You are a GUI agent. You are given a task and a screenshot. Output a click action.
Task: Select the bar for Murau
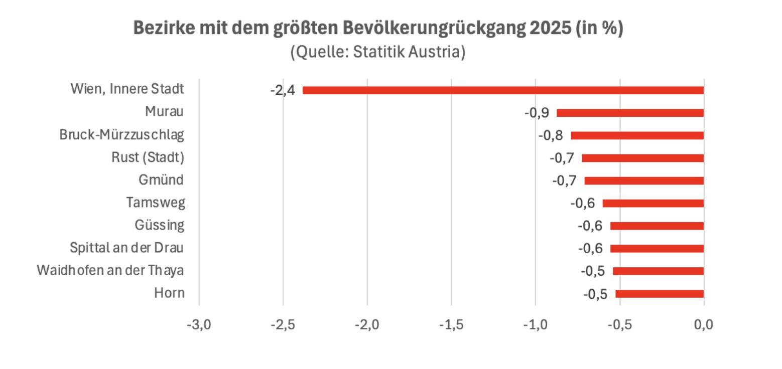(630, 113)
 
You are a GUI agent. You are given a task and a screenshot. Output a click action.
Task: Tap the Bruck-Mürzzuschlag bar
(637, 135)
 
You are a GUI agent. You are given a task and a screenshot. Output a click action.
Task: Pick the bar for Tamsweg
(653, 203)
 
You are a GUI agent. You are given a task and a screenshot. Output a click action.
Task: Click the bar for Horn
(660, 294)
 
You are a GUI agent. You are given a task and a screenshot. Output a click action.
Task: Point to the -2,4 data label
(283, 91)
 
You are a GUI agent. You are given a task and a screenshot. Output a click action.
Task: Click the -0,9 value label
(537, 113)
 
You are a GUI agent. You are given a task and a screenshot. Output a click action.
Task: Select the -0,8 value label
(551, 135)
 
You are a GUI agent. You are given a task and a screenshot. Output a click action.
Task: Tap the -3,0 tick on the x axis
(199, 325)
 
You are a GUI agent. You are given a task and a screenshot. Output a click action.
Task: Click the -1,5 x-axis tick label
(451, 325)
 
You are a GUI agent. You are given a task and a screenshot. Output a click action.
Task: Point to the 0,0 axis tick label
(703, 325)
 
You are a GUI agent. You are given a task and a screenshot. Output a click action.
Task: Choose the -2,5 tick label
(283, 325)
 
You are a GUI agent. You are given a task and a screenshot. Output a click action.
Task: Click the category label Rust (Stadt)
(148, 157)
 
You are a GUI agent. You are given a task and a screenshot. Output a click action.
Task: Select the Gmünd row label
(161, 179)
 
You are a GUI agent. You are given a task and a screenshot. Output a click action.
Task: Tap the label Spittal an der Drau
(126, 248)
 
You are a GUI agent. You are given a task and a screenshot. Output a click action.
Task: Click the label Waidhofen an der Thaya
(110, 270)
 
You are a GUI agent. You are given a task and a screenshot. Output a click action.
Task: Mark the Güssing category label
(159, 225)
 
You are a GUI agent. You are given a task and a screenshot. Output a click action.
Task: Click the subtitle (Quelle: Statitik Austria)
(378, 52)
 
